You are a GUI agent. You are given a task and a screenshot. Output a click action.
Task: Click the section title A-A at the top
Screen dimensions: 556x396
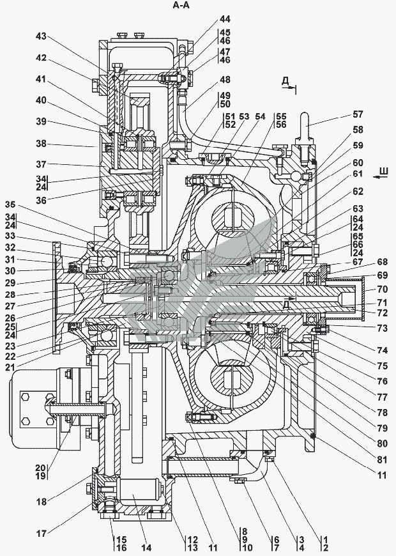click(x=181, y=6)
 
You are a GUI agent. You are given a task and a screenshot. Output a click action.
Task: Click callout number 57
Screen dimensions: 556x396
click(x=358, y=114)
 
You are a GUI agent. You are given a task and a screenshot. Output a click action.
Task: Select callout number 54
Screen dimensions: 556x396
click(x=259, y=116)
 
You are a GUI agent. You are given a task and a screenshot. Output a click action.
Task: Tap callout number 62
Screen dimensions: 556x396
click(x=358, y=190)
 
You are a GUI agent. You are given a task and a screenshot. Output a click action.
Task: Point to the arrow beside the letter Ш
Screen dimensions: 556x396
click(x=381, y=180)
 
